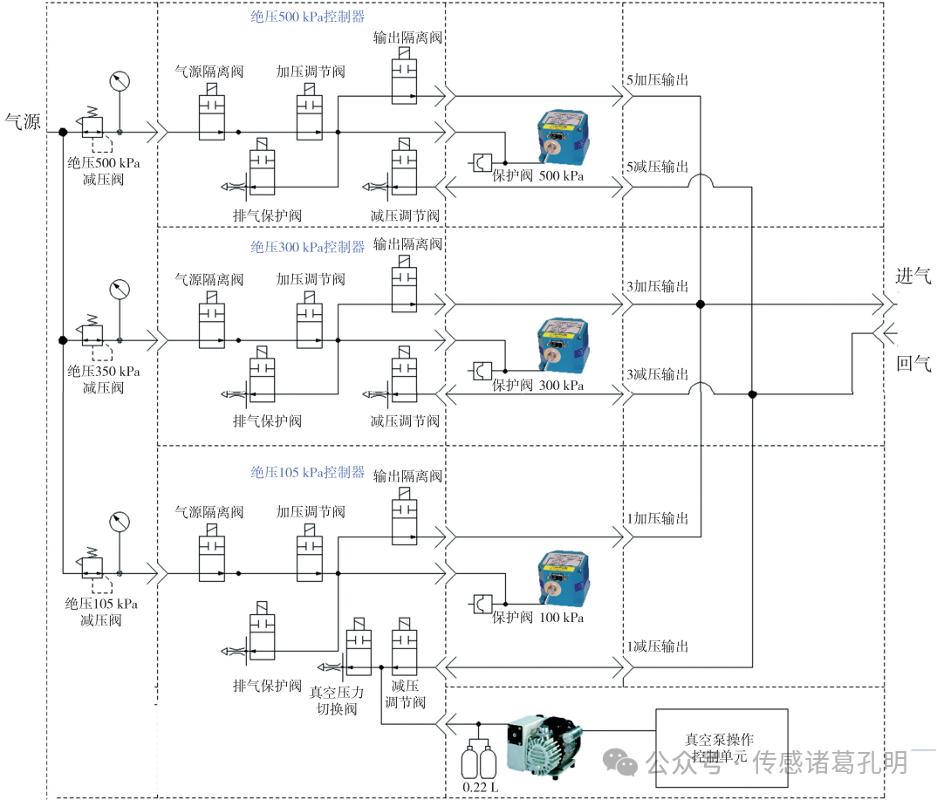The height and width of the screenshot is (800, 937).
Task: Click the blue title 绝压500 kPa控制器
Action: tap(307, 17)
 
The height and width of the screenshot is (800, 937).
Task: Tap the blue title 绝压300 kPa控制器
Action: tap(307, 247)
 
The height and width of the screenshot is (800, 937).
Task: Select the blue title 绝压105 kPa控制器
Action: tap(307, 472)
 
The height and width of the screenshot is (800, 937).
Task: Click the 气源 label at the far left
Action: tap(23, 121)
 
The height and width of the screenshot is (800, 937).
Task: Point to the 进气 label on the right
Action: tap(913, 276)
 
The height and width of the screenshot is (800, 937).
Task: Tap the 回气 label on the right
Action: tap(913, 363)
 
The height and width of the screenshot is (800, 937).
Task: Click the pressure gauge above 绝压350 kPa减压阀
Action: tap(120, 289)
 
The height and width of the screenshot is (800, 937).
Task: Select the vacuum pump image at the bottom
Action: tap(543, 746)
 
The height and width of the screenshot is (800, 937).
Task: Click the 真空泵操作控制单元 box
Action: tap(722, 748)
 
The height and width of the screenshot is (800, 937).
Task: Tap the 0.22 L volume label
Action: tap(480, 787)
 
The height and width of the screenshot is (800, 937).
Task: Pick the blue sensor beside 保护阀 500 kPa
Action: tap(563, 137)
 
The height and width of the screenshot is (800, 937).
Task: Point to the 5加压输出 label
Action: tap(657, 79)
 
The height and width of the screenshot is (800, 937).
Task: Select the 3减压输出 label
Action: tap(657, 374)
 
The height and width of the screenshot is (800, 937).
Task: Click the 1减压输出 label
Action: tap(657, 646)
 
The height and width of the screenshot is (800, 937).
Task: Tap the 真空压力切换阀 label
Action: tap(337, 701)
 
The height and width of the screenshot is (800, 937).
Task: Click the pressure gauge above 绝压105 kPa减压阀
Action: tap(120, 522)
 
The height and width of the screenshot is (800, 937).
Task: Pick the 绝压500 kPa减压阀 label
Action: tap(103, 171)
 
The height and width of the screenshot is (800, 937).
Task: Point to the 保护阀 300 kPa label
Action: tap(537, 385)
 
